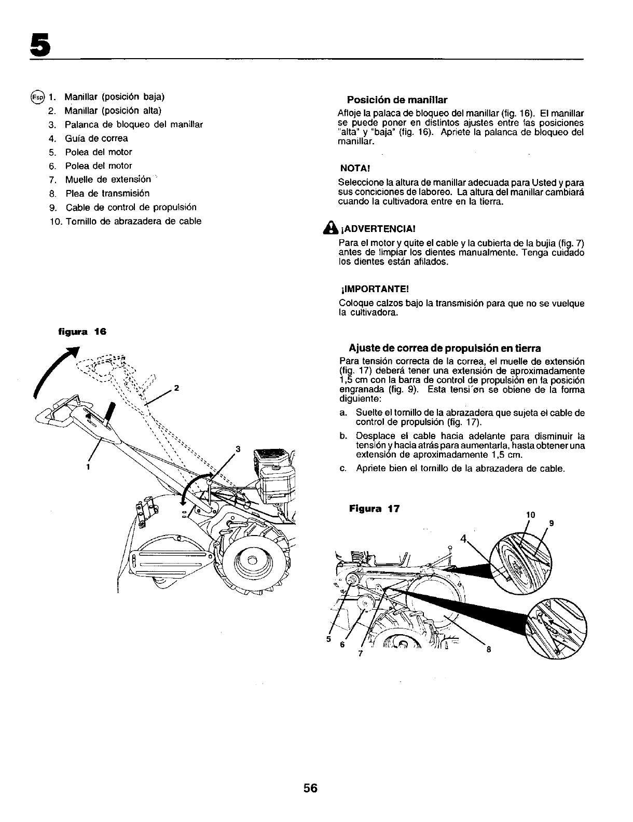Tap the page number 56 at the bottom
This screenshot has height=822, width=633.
[310, 788]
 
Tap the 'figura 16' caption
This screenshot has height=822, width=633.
[81, 331]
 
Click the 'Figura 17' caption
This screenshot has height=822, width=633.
[375, 509]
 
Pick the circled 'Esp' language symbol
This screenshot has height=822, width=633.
[38, 97]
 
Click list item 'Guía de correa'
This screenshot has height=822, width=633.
[96, 139]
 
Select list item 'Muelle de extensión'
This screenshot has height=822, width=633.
[108, 180]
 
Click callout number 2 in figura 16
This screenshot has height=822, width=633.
[177, 388]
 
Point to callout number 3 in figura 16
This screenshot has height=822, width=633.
[238, 449]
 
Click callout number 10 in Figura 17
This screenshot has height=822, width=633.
[530, 515]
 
